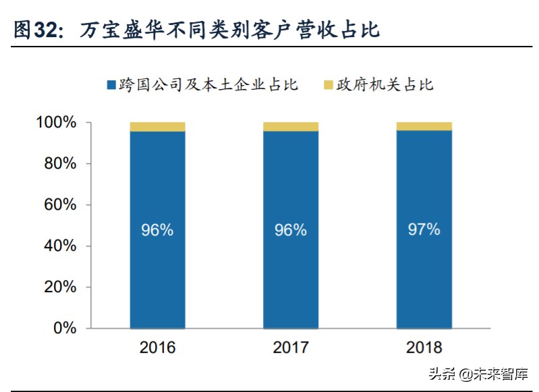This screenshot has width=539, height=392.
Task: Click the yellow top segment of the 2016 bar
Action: [x=157, y=127]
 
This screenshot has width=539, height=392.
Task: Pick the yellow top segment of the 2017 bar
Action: [x=291, y=127]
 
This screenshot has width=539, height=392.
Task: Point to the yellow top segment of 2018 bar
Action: [x=424, y=126]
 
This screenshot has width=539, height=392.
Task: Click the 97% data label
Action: [x=424, y=229]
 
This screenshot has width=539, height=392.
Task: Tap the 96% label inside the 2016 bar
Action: [x=157, y=230]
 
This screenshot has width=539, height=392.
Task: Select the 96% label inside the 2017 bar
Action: [x=291, y=230]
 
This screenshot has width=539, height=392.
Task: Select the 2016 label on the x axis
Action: [x=157, y=348]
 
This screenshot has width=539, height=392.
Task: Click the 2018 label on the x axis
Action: [x=424, y=348]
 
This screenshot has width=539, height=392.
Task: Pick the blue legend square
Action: [x=111, y=85]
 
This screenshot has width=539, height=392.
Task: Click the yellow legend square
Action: [x=329, y=85]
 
